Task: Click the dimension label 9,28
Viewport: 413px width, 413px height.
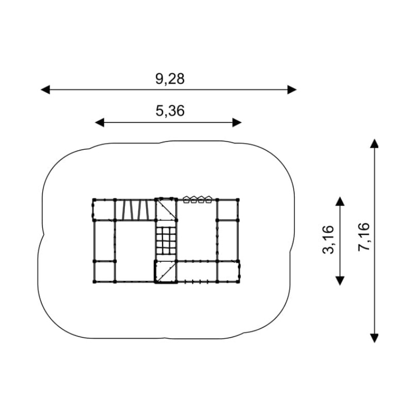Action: pyautogui.click(x=170, y=79)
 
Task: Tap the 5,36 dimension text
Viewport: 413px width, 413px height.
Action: pyautogui.click(x=170, y=110)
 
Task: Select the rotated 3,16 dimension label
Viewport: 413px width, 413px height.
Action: pyautogui.click(x=328, y=240)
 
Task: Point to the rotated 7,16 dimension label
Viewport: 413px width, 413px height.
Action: pyautogui.click(x=364, y=237)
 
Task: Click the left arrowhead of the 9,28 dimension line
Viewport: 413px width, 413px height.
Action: pyautogui.click(x=45, y=89)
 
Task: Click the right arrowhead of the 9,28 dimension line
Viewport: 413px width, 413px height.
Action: pyautogui.click(x=292, y=89)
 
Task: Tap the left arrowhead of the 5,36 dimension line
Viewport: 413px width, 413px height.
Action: pyautogui.click(x=100, y=122)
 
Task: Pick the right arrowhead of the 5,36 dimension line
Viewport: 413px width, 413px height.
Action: pyautogui.click(x=237, y=122)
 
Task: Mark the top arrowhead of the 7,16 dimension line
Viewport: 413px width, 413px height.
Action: pyautogui.click(x=374, y=144)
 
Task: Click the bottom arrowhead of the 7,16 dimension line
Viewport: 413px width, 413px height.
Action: pyautogui.click(x=374, y=338)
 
